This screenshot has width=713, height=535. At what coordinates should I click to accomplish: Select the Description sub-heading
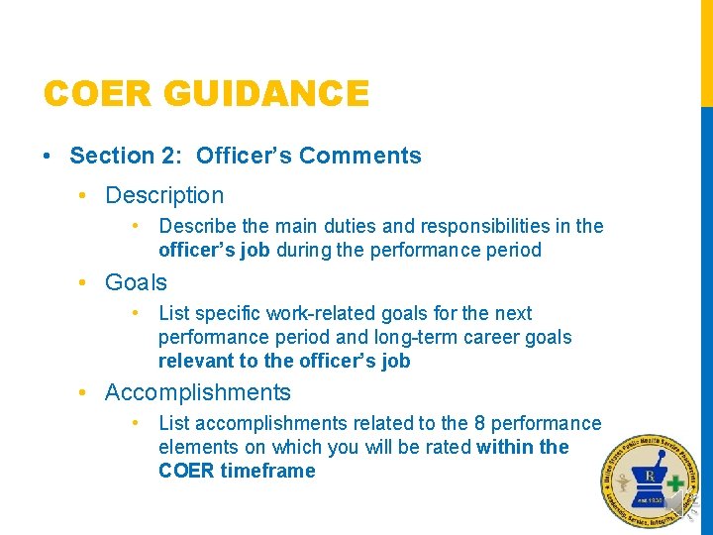click(x=164, y=195)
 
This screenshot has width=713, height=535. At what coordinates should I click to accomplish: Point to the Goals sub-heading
click(x=136, y=282)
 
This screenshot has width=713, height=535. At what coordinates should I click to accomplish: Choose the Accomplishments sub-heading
click(x=198, y=392)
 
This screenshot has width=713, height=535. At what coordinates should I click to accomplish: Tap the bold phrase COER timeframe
click(x=237, y=471)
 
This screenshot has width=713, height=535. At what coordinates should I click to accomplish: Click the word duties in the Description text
click(x=325, y=226)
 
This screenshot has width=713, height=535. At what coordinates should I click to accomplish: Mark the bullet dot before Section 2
click(x=47, y=156)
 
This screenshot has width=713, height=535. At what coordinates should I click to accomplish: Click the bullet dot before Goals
click(x=86, y=282)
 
